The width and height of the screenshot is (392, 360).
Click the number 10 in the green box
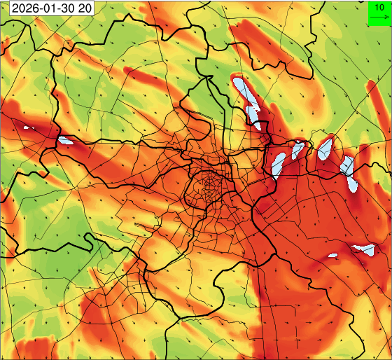tap(379, 6)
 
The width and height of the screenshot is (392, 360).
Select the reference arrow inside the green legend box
tap(379, 18)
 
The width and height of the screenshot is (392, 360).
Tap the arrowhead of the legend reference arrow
tap(386, 18)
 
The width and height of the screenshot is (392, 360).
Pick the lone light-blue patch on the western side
tap(66, 140)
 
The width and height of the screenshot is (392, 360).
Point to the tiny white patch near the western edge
tap(29, 127)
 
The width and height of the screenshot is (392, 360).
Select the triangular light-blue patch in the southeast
tap(365, 249)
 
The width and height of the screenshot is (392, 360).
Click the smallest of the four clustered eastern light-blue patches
tap(298, 149)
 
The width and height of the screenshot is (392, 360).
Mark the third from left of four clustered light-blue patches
tap(324, 148)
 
